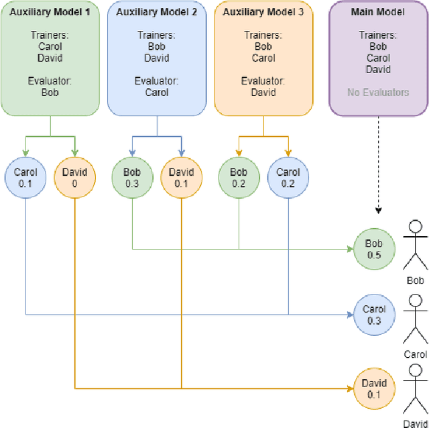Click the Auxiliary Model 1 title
50,12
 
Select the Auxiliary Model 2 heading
157,12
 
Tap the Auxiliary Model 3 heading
263,12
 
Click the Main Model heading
378,12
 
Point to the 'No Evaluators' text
378,92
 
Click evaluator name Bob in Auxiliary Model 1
50,92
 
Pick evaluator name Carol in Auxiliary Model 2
157,92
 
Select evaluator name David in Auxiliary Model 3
263,92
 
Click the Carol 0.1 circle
25,177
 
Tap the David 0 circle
74,177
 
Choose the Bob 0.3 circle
132,177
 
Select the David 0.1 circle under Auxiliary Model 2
181,177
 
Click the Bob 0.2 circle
239,177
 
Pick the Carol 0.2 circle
288,177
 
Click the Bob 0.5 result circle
374,249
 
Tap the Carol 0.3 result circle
374,315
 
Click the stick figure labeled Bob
416,248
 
